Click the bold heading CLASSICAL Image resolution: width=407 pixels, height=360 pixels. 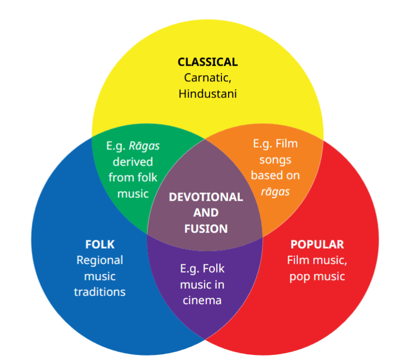click(207, 62)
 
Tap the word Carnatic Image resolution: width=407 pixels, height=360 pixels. click(207, 78)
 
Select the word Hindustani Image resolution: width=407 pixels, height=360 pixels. click(207, 94)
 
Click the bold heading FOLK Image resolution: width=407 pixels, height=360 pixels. click(100, 244)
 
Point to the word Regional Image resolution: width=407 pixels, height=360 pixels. click(100, 261)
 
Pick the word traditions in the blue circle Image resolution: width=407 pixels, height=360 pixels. click(100, 292)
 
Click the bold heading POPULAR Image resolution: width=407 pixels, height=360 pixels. click(317, 244)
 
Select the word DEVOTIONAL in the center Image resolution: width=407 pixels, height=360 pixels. click(206, 197)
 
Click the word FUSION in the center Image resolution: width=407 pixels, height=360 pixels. click(206, 228)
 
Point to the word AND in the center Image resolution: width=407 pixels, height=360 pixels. click(206, 213)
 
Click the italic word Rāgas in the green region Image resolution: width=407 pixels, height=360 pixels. click(144, 146)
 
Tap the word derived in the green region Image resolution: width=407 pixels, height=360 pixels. click(133, 162)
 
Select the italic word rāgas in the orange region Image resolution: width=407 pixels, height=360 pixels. click(275, 192)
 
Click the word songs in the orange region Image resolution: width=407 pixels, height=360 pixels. click(275, 160)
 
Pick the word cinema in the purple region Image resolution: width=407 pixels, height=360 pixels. click(202, 300)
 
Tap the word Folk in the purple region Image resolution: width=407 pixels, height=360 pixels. click(214, 269)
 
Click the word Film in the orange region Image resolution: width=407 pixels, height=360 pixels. click(287, 143)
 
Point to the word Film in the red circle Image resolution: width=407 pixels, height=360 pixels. click(298, 260)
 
